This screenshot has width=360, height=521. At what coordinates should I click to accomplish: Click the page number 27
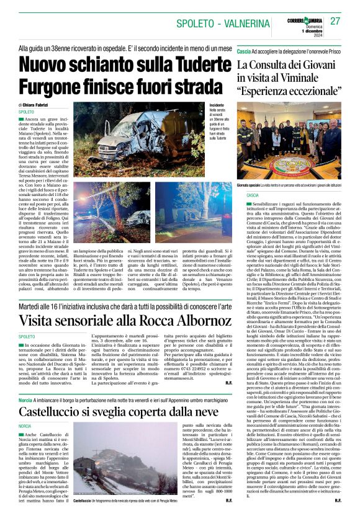tap(335, 20)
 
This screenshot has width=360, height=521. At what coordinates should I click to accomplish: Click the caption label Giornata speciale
tap(250, 185)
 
